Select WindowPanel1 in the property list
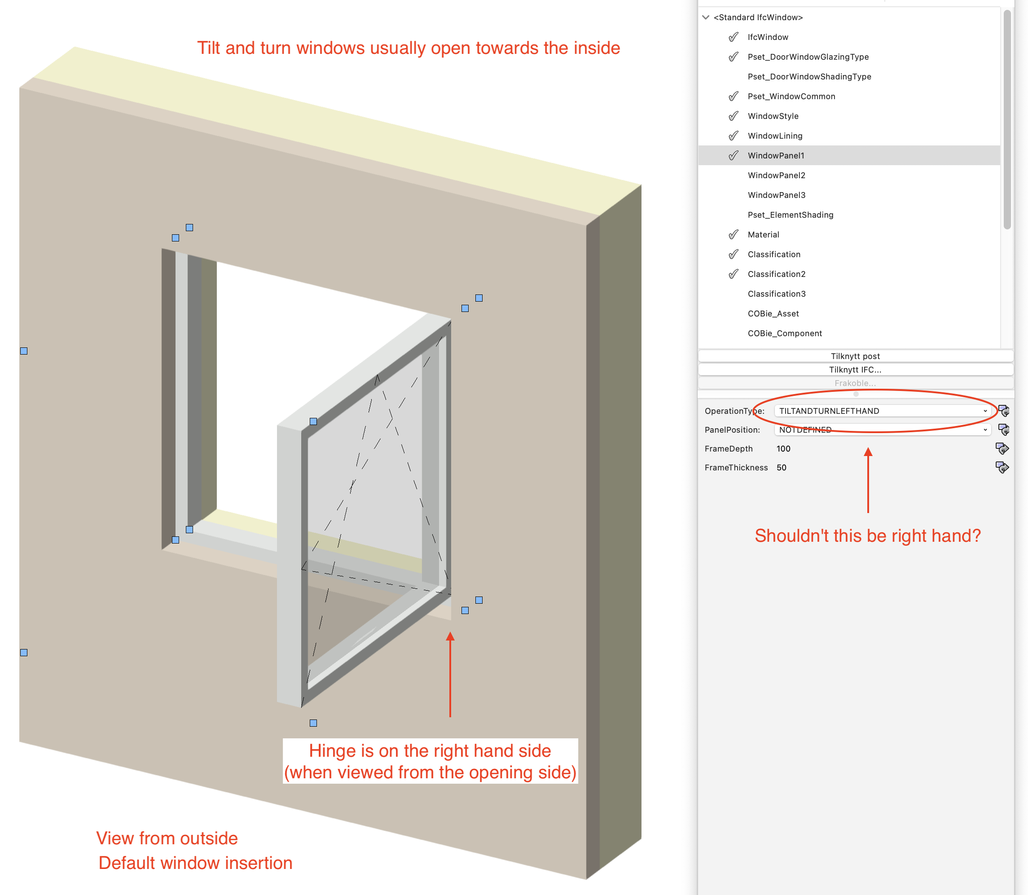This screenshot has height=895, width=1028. pyautogui.click(x=776, y=155)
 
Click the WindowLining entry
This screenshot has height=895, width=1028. pyautogui.click(x=775, y=136)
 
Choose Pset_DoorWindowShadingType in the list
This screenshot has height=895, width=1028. pyautogui.click(x=809, y=76)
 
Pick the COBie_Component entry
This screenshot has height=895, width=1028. pyautogui.click(x=784, y=333)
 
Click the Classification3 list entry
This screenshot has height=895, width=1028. pyautogui.click(x=776, y=294)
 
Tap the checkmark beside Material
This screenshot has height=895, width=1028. pyautogui.click(x=733, y=235)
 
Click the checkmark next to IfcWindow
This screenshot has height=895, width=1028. pyautogui.click(x=733, y=37)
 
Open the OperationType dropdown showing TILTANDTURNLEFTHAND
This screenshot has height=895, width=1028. pyautogui.click(x=882, y=411)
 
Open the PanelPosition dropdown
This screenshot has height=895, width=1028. pyautogui.click(x=882, y=430)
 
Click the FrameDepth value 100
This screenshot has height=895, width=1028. pyautogui.click(x=783, y=448)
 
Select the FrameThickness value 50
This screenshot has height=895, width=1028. pyautogui.click(x=781, y=468)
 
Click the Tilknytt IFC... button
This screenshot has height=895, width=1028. pyautogui.click(x=855, y=369)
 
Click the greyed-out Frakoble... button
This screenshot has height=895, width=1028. pyautogui.click(x=855, y=383)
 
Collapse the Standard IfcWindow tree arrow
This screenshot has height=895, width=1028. pyautogui.click(x=706, y=18)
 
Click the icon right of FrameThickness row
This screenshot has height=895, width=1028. pyautogui.click(x=1002, y=468)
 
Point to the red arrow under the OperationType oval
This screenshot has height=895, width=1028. pyautogui.click(x=868, y=479)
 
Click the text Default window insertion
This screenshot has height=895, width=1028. pyautogui.click(x=195, y=863)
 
